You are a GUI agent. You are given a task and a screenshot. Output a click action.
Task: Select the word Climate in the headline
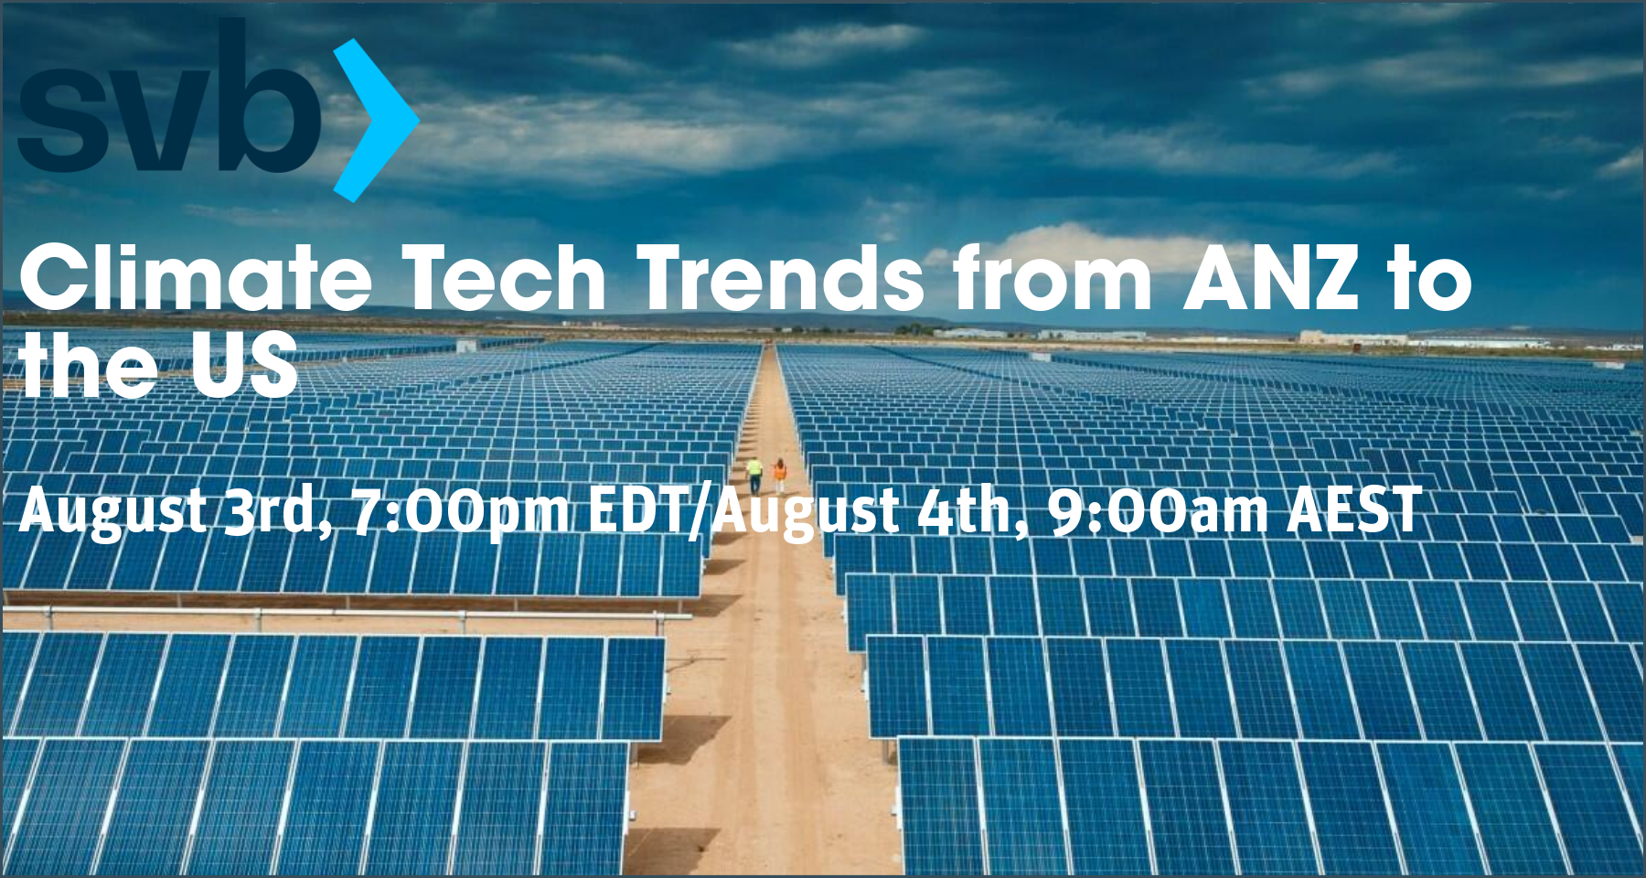pyautogui.click(x=195, y=278)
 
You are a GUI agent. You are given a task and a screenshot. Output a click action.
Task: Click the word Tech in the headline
pyautogui.click(x=504, y=278)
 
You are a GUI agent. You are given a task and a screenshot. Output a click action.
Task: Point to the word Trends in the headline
pyautogui.click(x=780, y=278)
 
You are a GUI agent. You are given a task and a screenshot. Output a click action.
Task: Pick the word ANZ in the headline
pyautogui.click(x=1271, y=278)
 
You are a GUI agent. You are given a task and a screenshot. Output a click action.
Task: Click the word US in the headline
pyautogui.click(x=244, y=364)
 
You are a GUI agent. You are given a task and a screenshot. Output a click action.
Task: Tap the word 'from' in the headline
pyautogui.click(x=1052, y=278)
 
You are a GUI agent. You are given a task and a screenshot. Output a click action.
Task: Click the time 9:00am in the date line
pyautogui.click(x=1158, y=510)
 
